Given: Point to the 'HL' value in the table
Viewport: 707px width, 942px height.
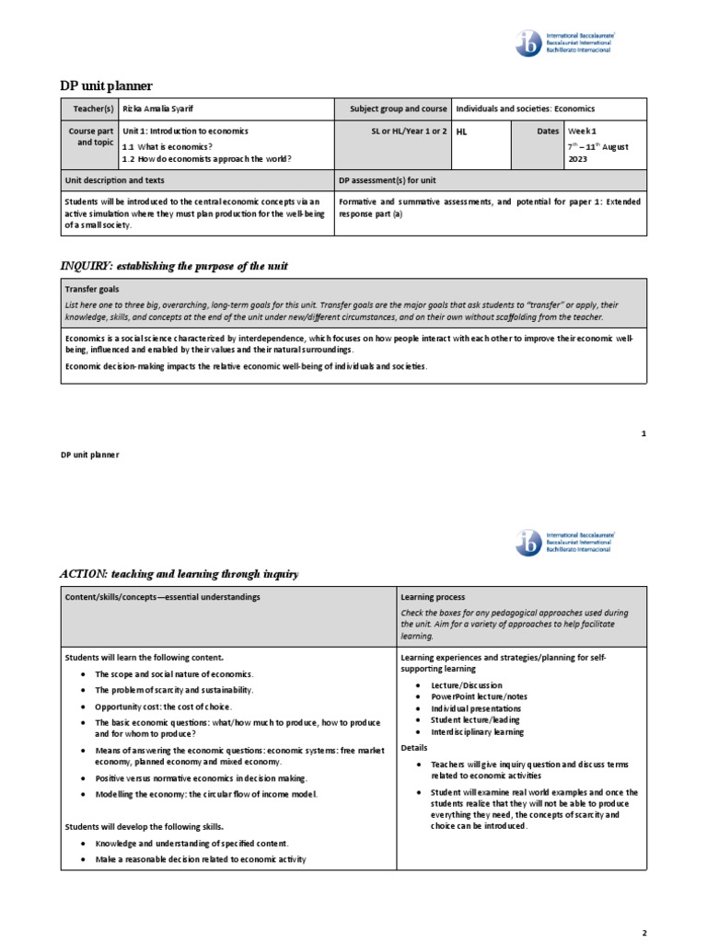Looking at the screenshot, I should [462, 132].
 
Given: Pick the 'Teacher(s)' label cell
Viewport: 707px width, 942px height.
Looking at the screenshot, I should [93, 109].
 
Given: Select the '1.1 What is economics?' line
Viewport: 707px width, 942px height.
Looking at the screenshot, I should [167, 146].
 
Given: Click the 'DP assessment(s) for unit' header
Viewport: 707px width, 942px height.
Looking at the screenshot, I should [388, 181].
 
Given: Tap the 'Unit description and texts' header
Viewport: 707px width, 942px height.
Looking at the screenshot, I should [115, 181].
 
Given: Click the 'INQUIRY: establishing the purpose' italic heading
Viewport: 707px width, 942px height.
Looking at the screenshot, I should [174, 266].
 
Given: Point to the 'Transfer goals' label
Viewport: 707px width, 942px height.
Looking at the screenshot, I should [93, 288].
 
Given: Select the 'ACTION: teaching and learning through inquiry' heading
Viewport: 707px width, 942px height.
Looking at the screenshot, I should [180, 574].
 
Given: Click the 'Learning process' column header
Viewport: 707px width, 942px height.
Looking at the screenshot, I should [433, 597].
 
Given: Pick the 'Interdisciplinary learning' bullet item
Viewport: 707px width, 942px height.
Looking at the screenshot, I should [478, 732].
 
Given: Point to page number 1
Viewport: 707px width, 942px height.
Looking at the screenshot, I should [643, 432].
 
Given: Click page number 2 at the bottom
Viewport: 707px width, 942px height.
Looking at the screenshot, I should [644, 932].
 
